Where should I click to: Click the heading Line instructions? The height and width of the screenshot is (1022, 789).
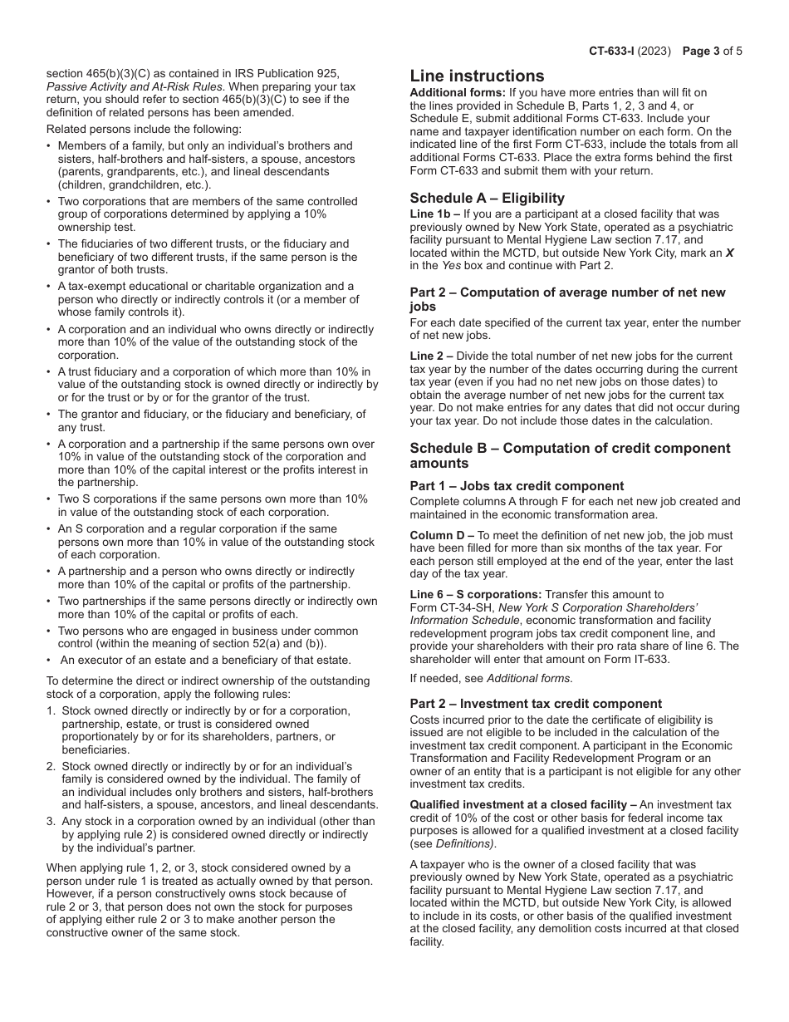pos(477,76)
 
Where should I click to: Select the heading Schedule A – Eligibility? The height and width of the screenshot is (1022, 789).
pos(487,198)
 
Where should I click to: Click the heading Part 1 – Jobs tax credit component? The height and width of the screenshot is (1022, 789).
pos(517,486)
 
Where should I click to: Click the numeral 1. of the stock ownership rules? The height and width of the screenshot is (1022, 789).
pos(51,711)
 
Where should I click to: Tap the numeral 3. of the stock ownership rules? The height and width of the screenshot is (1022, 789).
pos(51,822)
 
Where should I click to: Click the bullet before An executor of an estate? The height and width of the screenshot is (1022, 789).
pos(50,661)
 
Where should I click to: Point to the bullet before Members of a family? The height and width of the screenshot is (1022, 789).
pos(50,146)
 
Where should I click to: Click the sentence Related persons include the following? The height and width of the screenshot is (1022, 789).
pos(144,129)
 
